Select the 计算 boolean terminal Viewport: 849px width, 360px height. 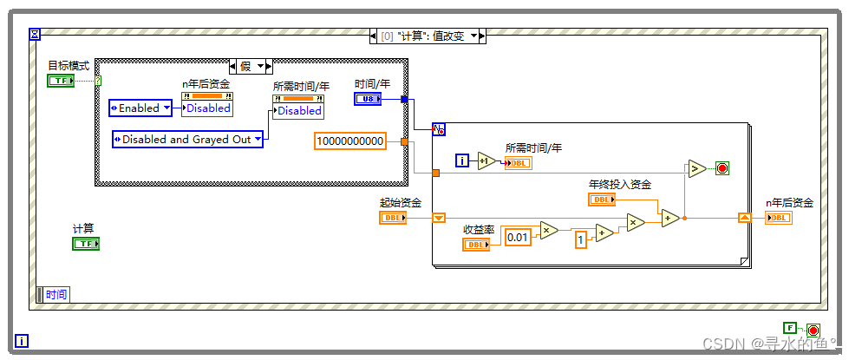point(86,244)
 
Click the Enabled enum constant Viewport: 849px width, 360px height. point(140,108)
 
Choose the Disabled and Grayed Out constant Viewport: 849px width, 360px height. point(188,139)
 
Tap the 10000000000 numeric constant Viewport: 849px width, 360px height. point(350,141)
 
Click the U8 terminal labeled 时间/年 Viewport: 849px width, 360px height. point(369,99)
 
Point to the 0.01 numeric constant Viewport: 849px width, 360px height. point(518,236)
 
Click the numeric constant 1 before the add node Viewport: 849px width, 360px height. point(580,239)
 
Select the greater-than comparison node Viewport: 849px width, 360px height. point(697,168)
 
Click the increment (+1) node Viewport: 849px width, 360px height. point(487,160)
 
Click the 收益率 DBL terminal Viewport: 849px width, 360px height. point(476,245)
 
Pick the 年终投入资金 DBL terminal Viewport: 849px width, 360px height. point(602,200)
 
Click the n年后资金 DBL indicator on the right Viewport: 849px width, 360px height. point(779,218)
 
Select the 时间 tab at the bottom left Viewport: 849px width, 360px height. point(54,294)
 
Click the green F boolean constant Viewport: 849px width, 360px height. point(790,328)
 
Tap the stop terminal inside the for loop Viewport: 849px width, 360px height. point(722,168)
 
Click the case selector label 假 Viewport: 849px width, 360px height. point(245,67)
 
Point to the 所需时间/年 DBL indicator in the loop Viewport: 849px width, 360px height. point(519,163)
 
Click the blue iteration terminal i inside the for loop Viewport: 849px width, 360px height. point(462,160)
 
